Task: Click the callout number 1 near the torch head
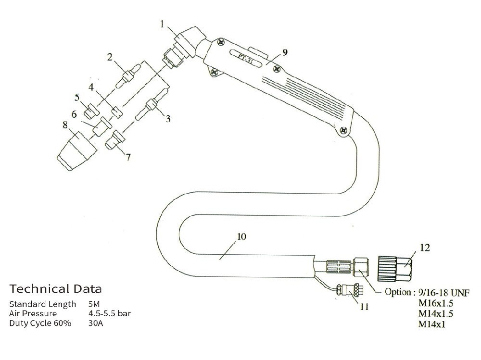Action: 162,24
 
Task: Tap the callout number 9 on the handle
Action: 285,52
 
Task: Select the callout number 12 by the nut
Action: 425,248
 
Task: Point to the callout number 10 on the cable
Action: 242,236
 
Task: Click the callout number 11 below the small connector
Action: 364,306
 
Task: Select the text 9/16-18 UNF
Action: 444,292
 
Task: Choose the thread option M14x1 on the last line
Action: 431,324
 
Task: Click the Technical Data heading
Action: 55,288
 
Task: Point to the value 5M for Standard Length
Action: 94,304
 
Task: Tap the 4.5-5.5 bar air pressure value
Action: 110,314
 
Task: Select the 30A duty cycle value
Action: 95,323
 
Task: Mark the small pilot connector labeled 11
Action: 350,289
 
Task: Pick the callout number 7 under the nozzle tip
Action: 128,157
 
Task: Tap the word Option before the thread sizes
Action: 398,292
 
